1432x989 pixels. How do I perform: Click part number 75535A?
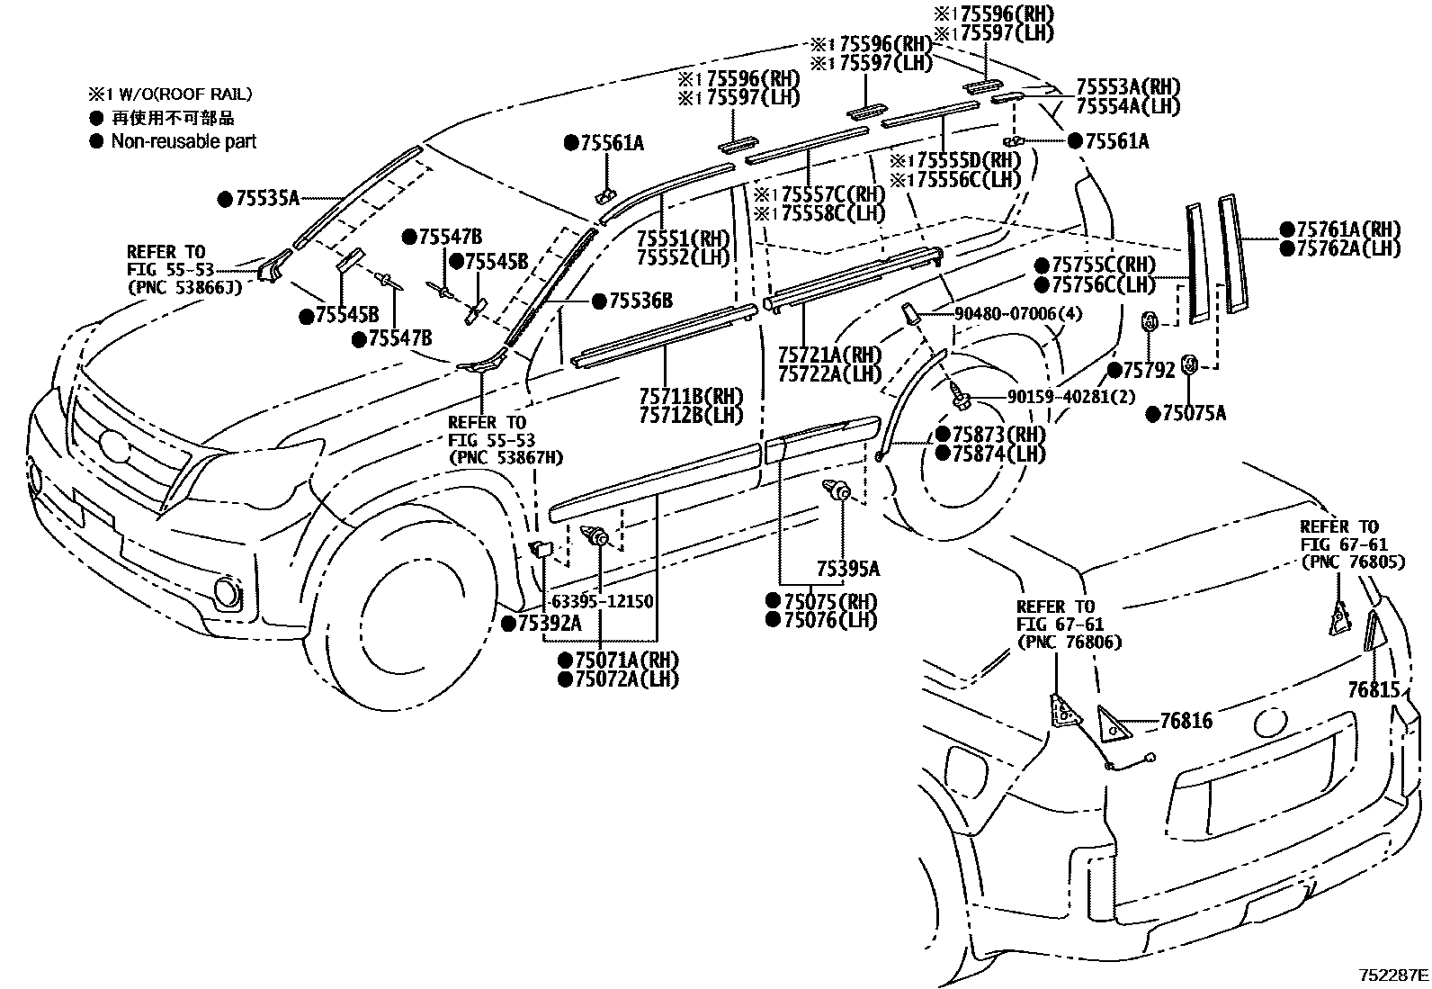pos(266,199)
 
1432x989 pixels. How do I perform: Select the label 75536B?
pos(640,301)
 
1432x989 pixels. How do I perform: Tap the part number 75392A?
pos(549,623)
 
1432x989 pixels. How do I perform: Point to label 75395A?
pos(847,569)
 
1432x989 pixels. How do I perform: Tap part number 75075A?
pos(1193,413)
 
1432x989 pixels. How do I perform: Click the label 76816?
pos(1185,721)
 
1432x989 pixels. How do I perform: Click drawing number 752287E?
pos(1392,974)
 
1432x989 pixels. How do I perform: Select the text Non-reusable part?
pos(183,141)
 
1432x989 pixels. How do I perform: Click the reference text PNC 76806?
pos(1069,643)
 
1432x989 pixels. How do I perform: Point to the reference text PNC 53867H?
pos(506,458)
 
